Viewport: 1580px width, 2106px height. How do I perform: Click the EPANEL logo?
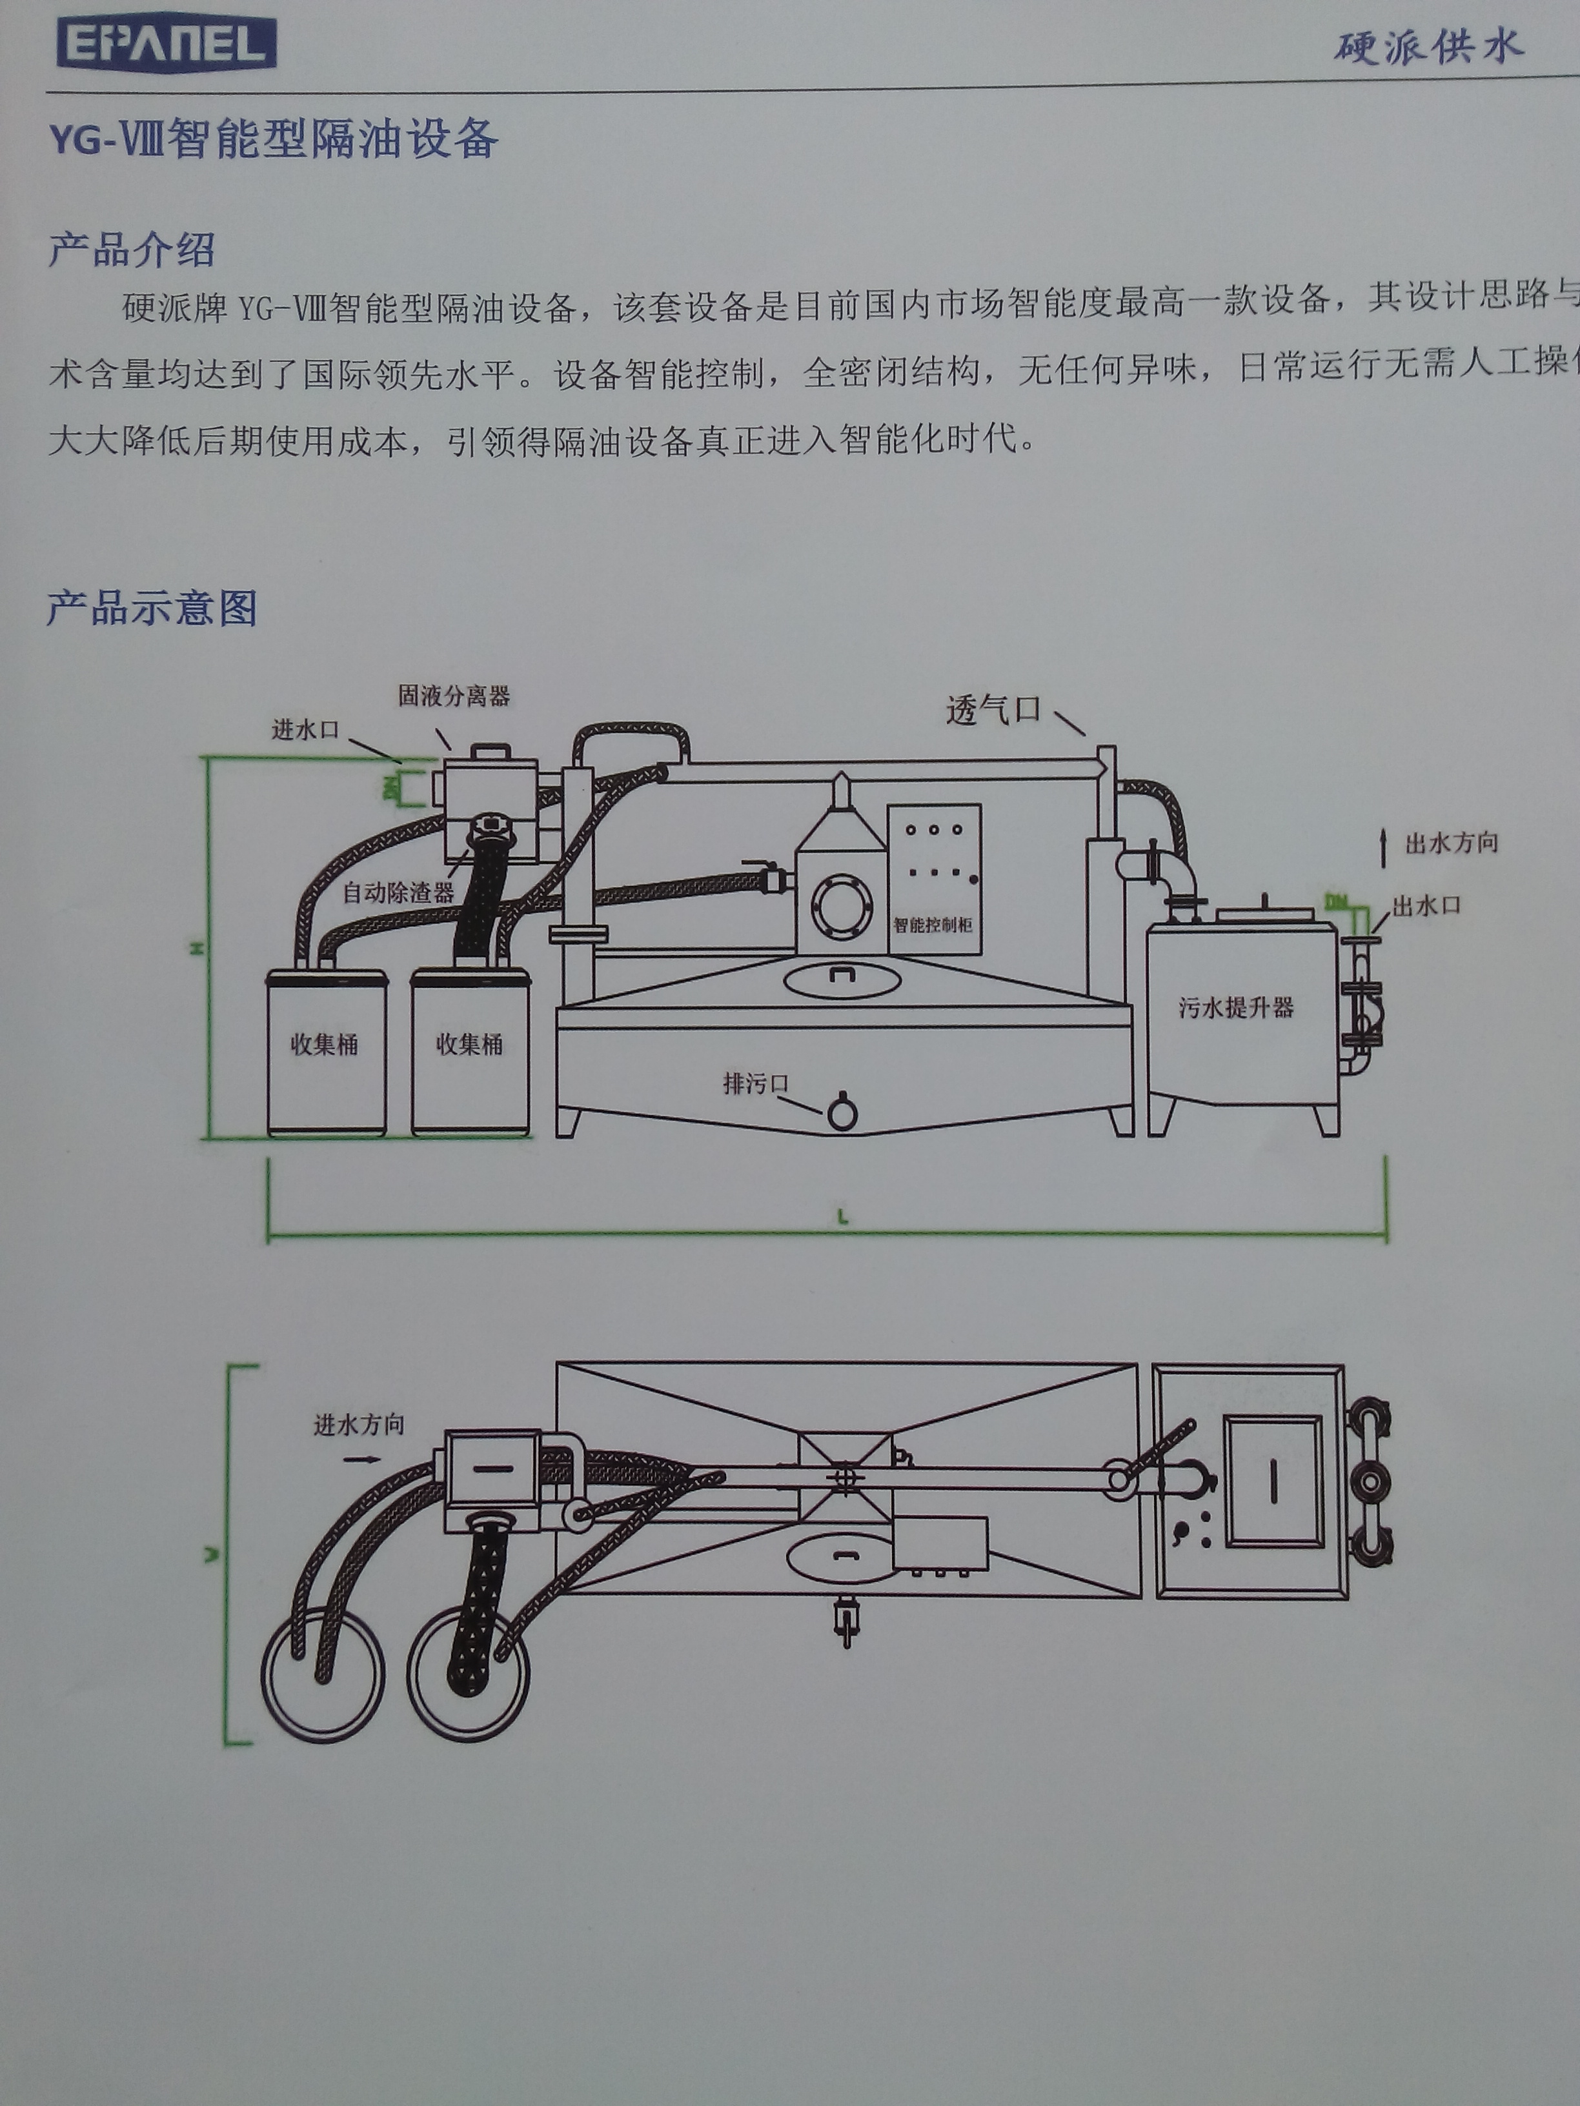pos(166,45)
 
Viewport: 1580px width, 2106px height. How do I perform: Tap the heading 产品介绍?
pos(132,250)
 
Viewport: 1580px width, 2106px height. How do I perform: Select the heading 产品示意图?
pos(152,607)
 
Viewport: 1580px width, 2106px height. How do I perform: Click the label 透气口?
pos(993,710)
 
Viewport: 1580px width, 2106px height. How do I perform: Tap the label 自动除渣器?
pos(398,892)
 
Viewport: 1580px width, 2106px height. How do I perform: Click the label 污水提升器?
pos(1235,1007)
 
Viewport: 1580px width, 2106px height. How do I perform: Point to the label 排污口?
pos(755,1083)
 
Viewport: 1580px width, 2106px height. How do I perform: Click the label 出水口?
pos(1426,905)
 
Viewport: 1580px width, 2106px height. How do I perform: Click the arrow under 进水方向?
pos(361,1459)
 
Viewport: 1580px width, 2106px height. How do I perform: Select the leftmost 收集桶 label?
pos(324,1045)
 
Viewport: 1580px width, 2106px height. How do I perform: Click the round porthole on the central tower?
pos(842,909)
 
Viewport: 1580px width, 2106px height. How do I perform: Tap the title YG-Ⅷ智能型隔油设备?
pos(273,139)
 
